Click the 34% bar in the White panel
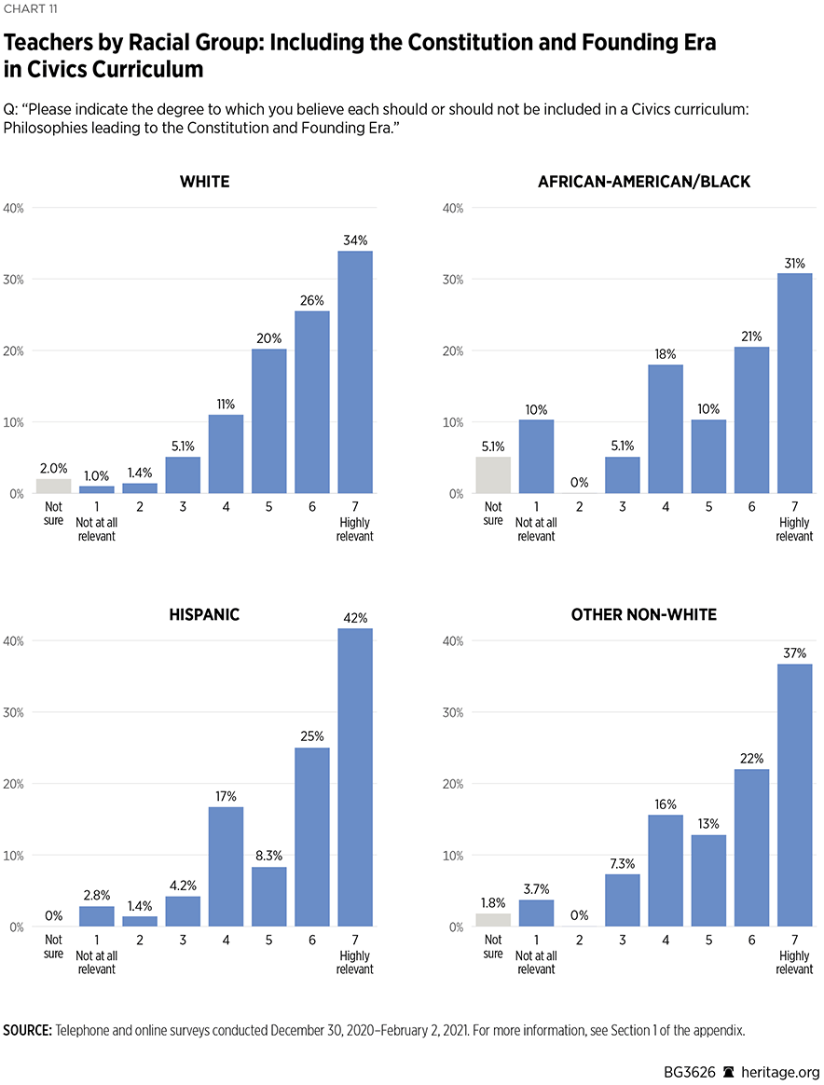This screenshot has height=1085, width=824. coord(355,372)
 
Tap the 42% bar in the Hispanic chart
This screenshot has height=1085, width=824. coord(355,777)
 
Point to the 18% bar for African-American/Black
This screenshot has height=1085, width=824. coord(666,429)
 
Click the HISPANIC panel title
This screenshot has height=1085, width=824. coord(204,614)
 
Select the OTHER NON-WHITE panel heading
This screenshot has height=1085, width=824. coord(643,614)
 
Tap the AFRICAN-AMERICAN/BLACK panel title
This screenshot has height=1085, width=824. coord(643,182)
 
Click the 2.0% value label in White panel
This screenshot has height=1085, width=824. coord(54,469)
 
